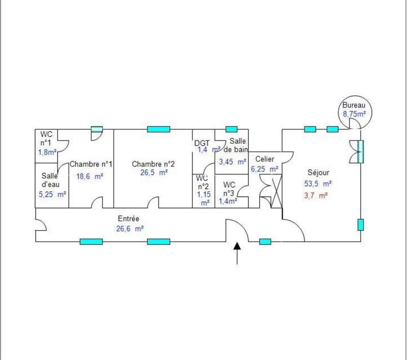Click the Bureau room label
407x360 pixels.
[x=355, y=105]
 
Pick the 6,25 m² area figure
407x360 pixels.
[x=264, y=169]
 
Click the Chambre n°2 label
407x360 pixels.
[x=153, y=164]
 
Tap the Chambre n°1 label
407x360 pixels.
[x=91, y=164]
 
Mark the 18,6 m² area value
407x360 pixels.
[x=90, y=176]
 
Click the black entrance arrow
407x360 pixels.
[x=237, y=253]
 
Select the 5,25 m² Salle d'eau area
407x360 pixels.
[x=52, y=194]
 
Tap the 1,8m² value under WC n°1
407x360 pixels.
[x=47, y=151]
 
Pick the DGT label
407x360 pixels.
[x=202, y=142]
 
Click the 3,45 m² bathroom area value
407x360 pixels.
[x=232, y=162]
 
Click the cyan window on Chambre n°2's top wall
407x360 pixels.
[x=158, y=129]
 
